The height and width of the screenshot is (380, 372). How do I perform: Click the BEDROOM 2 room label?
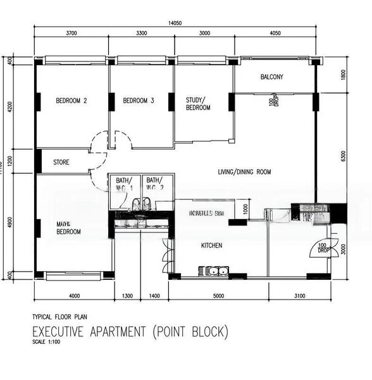pyautogui.click(x=71, y=101)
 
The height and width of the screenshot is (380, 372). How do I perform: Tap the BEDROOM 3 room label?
pyautogui.click(x=139, y=101)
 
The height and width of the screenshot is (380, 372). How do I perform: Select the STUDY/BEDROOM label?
pyautogui.click(x=197, y=104)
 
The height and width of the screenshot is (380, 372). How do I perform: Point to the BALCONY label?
pyautogui.click(x=272, y=77)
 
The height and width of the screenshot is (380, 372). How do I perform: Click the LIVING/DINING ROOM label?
pyautogui.click(x=244, y=172)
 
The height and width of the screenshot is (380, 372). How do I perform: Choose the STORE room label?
pyautogui.click(x=61, y=163)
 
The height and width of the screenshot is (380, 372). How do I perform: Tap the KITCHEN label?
pyautogui.click(x=211, y=246)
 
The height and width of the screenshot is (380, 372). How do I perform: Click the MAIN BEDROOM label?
pyautogui.click(x=69, y=227)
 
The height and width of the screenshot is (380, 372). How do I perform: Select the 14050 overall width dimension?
pyautogui.click(x=176, y=23)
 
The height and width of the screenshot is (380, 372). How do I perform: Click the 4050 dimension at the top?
pyautogui.click(x=275, y=33)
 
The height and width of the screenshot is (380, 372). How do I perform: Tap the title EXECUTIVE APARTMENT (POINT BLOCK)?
pyautogui.click(x=130, y=332)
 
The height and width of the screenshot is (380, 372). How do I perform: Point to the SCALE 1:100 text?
pyautogui.click(x=49, y=343)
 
